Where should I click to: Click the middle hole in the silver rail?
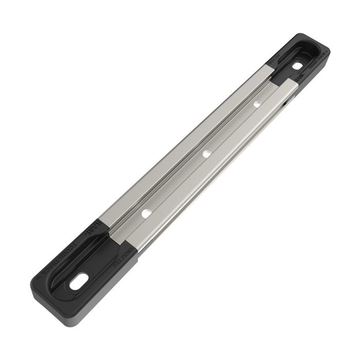pos(206,153)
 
